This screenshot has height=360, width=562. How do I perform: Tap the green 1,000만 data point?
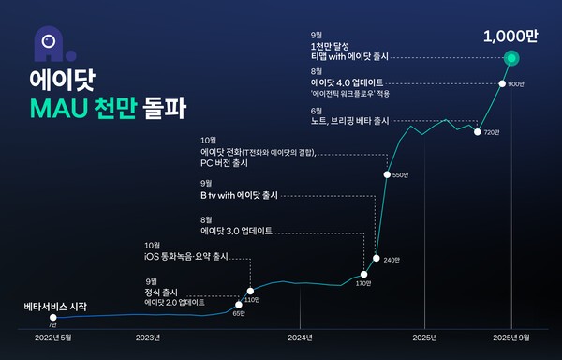(x=511, y=59)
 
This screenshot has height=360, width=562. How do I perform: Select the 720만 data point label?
(x=493, y=133)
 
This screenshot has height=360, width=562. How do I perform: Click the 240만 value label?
(x=392, y=260)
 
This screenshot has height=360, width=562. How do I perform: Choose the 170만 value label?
(x=363, y=283)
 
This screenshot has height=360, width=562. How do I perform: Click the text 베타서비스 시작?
(x=55, y=307)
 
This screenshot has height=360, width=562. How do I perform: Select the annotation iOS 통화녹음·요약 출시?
(x=186, y=257)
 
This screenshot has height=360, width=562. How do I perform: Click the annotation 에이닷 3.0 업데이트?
(x=237, y=229)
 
